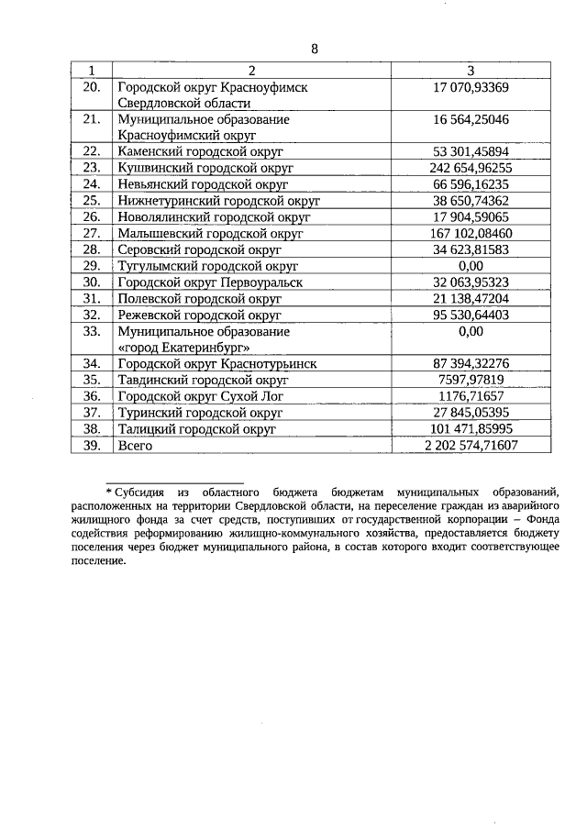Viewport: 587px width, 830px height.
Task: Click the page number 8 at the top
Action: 315,49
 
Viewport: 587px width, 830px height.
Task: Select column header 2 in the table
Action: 251,71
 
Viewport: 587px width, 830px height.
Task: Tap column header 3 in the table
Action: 471,71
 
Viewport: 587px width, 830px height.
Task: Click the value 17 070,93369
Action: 471,87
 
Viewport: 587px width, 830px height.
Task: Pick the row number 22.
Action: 91,151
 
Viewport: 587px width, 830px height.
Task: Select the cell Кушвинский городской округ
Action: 205,168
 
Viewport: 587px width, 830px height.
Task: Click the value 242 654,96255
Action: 471,168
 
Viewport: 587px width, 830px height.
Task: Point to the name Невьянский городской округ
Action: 204,184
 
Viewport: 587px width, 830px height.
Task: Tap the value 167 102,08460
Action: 471,233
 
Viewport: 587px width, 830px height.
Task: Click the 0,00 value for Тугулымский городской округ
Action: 471,266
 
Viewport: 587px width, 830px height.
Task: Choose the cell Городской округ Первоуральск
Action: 210,282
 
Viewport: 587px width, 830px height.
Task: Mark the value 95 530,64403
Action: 471,315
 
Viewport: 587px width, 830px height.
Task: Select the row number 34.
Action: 91,363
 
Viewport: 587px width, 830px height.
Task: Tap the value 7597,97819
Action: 471,380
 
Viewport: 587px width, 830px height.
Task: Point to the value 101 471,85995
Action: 471,428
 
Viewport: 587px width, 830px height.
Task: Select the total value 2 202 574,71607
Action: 471,445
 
